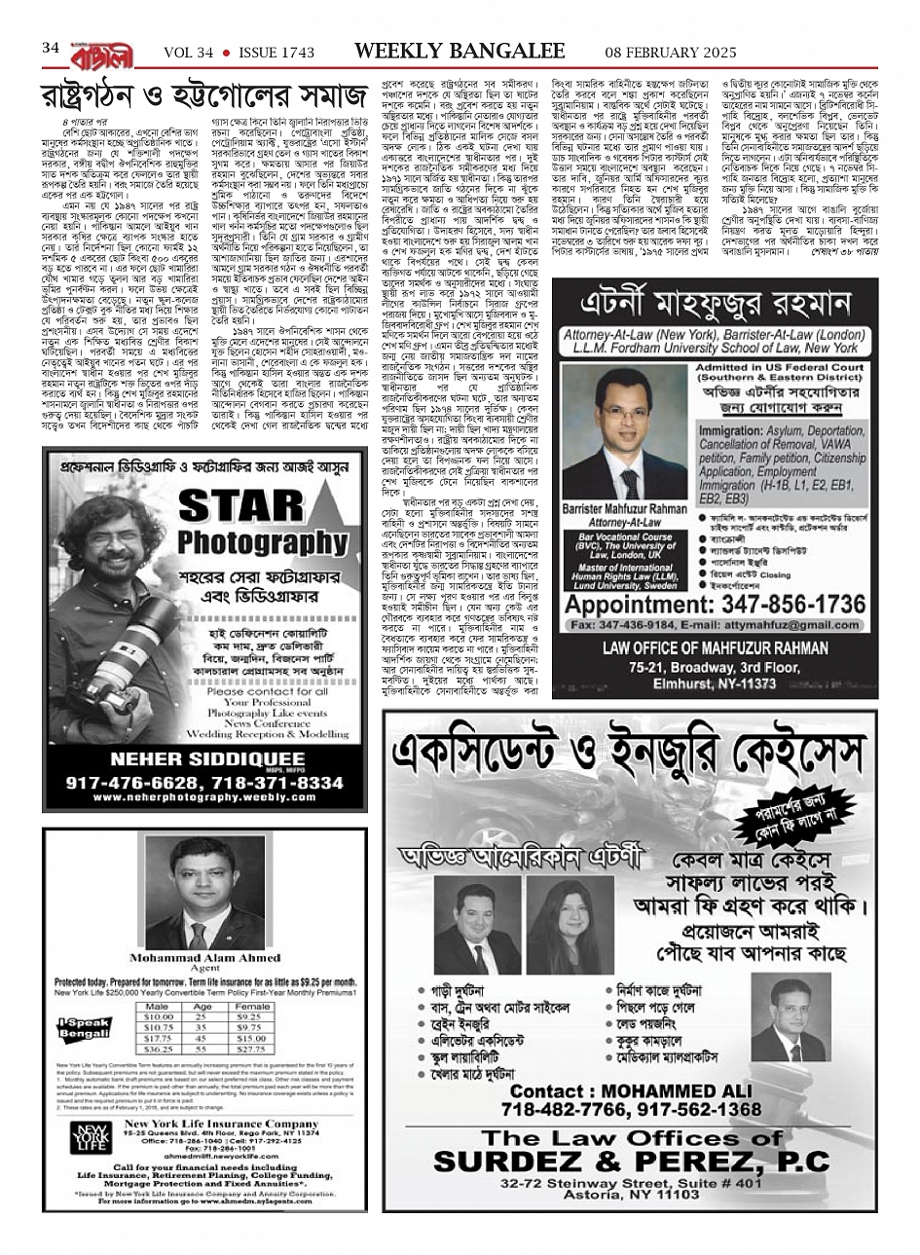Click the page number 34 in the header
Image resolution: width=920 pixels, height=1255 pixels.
tap(52, 48)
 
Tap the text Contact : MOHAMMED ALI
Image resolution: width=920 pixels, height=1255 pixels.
tap(620, 1090)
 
